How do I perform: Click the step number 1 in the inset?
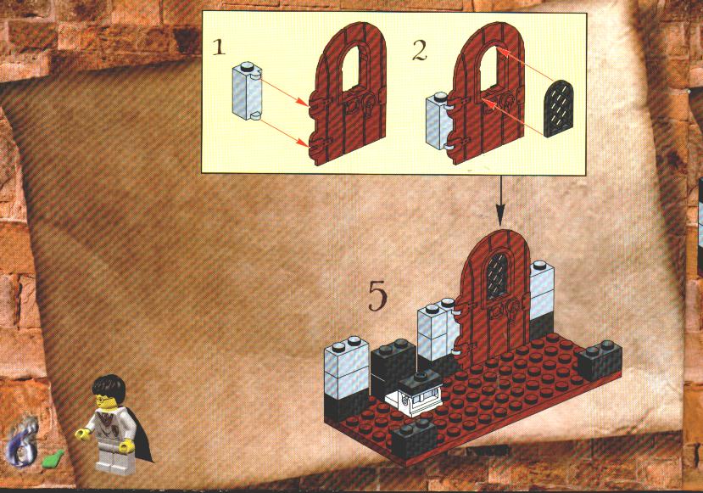(x=218, y=48)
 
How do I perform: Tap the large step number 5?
(x=377, y=295)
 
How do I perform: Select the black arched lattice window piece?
(x=558, y=109)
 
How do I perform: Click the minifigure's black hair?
(x=109, y=388)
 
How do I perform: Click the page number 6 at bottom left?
(x=21, y=443)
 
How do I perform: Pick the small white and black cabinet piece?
(x=415, y=394)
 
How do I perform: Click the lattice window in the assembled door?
(x=497, y=276)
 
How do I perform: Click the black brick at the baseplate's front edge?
(x=414, y=439)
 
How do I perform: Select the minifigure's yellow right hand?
(x=82, y=434)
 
